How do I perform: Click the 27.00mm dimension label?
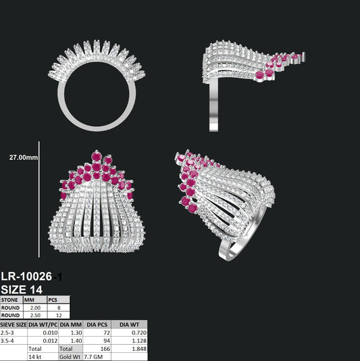pos(24,157)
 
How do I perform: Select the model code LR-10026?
pos(26,276)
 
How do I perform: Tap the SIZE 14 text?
pos(22,289)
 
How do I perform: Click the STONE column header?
pos(9,300)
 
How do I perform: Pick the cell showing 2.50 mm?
pos(35,315)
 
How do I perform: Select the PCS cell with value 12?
pos(59,315)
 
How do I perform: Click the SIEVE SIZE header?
pos(14,325)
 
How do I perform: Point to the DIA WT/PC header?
pos(43,325)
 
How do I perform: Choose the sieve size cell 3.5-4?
pos(7,341)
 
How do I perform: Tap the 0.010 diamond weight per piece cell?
pos(50,333)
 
